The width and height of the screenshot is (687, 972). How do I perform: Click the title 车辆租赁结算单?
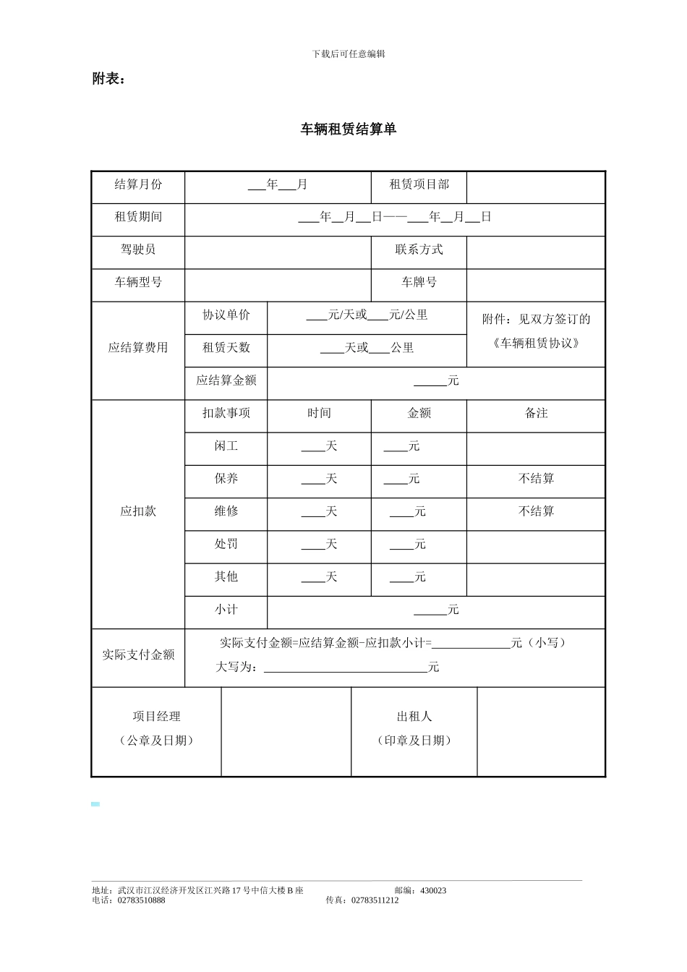(x=349, y=129)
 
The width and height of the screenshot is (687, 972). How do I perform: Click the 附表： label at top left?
(x=108, y=79)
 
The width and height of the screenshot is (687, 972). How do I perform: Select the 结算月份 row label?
(x=138, y=184)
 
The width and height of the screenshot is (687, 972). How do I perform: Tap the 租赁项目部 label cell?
(x=419, y=184)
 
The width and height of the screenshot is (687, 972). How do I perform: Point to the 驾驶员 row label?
(x=138, y=250)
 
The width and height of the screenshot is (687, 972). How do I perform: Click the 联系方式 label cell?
(x=419, y=250)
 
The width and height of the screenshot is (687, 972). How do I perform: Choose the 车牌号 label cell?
(x=419, y=282)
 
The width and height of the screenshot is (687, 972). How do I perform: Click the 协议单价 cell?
(x=226, y=315)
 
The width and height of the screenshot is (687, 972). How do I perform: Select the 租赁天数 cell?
(x=226, y=347)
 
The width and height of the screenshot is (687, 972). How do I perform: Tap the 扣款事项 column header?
(x=226, y=413)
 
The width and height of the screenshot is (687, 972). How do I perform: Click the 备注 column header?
(x=536, y=413)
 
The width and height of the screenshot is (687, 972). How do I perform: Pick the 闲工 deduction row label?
(x=226, y=446)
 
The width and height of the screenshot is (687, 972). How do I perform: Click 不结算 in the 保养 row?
(x=536, y=479)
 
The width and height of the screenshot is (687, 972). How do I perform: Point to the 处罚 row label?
(x=226, y=544)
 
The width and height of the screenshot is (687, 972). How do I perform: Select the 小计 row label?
(x=226, y=610)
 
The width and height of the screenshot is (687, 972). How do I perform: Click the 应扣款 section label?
(x=138, y=511)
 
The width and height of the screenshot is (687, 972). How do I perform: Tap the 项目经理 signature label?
(x=156, y=717)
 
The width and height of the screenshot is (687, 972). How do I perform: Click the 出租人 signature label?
(x=414, y=717)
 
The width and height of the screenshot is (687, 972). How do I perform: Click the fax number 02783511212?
(x=375, y=900)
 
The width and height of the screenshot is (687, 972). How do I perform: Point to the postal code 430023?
(x=432, y=890)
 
